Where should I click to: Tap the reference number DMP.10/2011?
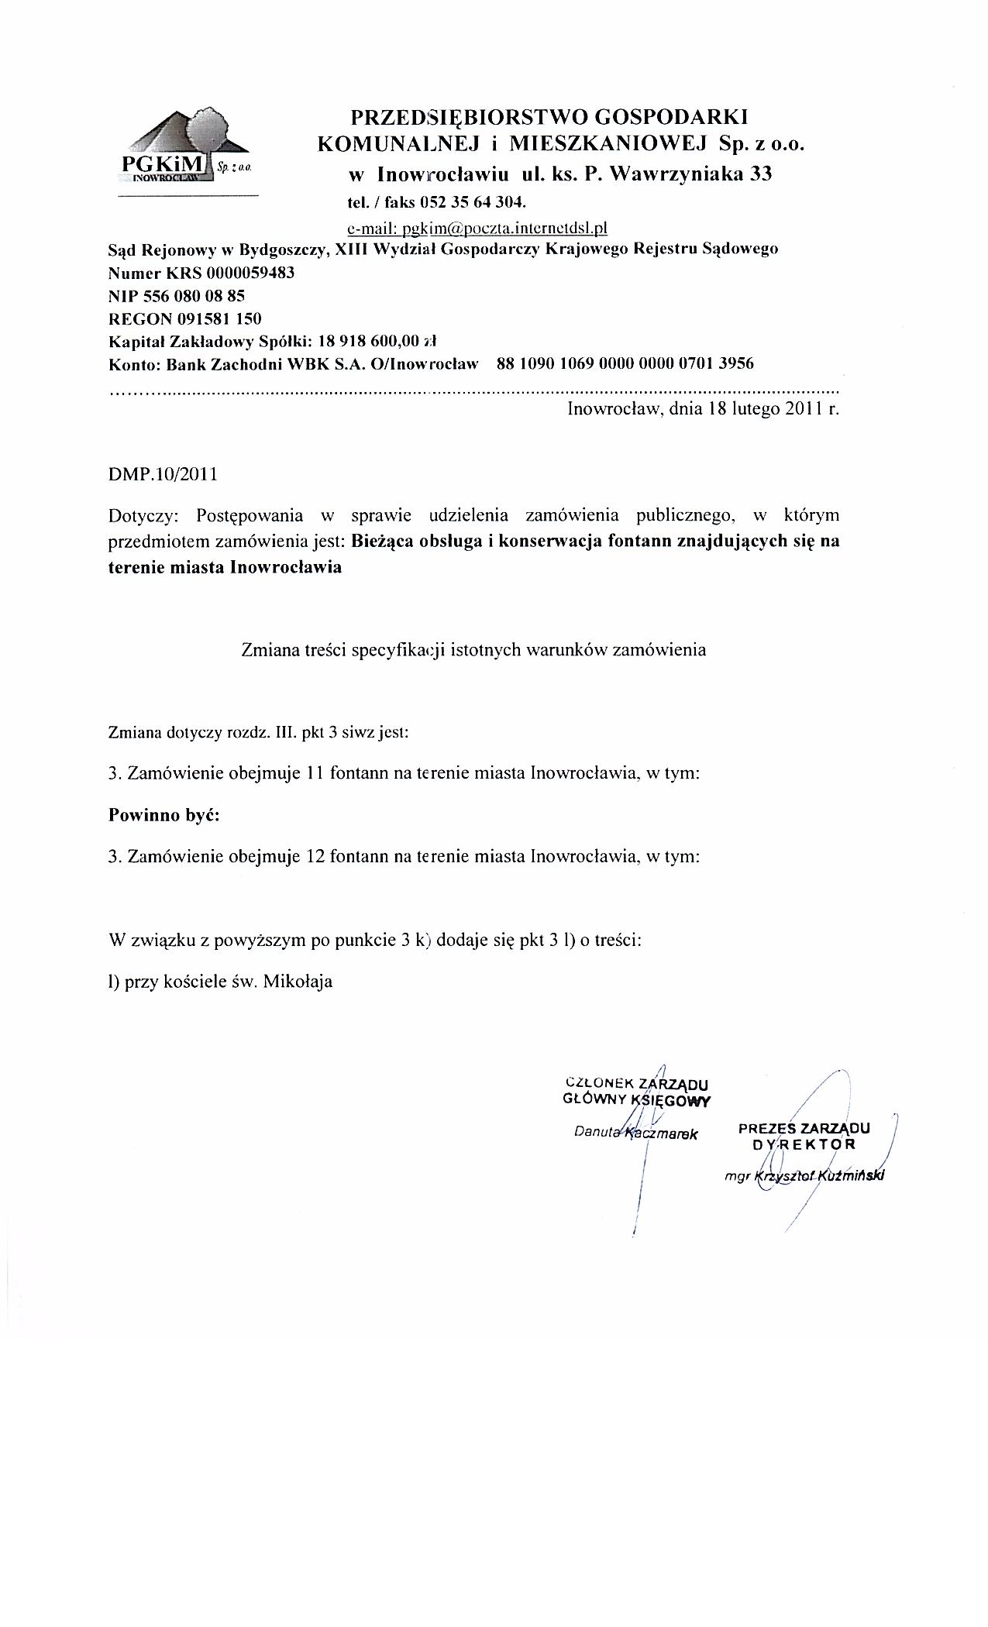[x=163, y=474]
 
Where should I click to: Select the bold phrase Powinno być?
[x=164, y=815]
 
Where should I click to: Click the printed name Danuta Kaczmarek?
[x=636, y=1133]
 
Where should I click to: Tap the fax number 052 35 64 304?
[x=472, y=203]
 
